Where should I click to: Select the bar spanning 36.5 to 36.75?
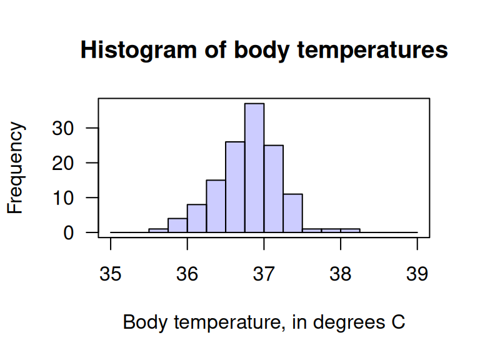coord(235,187)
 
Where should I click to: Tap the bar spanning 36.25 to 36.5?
coord(216,206)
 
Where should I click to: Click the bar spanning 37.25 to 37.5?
coord(292,213)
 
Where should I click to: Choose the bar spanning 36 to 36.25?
coord(197,218)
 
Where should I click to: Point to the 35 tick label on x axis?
coord(111,274)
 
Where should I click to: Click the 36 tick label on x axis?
coord(187,274)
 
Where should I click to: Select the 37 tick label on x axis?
coord(264,274)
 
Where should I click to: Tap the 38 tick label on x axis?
coord(341,274)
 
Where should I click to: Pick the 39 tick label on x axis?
coord(417,274)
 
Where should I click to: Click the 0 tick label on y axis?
coord(85,232)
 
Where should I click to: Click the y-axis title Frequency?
coord(16,168)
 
